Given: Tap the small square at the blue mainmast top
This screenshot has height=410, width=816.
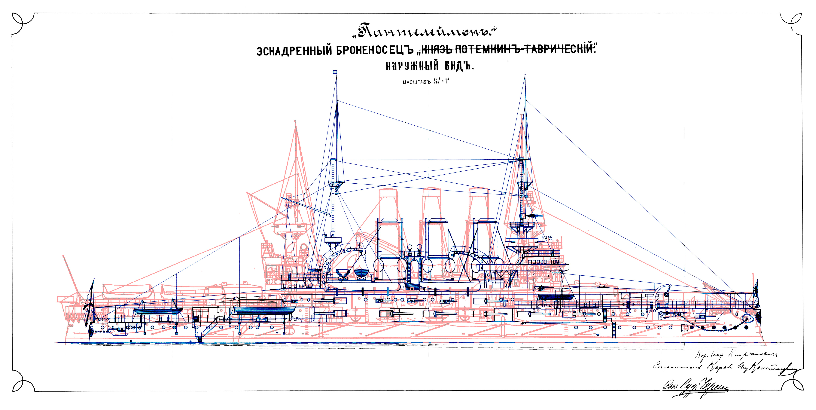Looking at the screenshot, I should [x=335, y=72].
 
